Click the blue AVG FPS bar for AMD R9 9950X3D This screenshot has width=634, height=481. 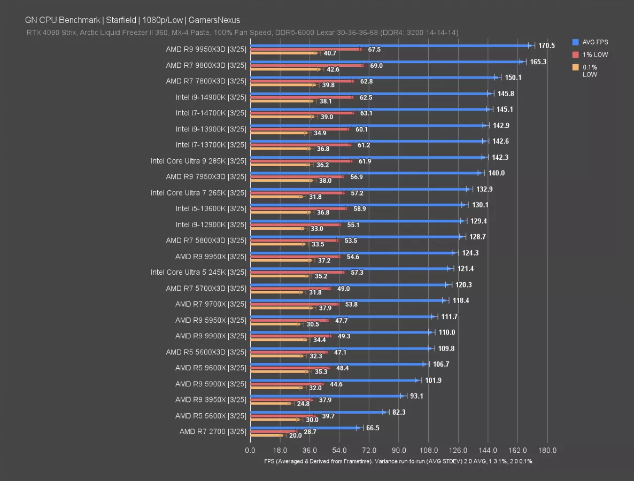(x=390, y=46)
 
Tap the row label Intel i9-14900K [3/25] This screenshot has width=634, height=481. (x=211, y=97)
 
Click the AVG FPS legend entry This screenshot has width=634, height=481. (x=594, y=42)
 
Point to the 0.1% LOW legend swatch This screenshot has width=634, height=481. (x=575, y=67)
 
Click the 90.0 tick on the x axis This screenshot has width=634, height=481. (x=399, y=450)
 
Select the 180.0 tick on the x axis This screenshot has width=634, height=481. (x=547, y=450)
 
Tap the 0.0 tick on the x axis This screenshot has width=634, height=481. (x=250, y=450)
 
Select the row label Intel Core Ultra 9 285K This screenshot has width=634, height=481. (x=198, y=161)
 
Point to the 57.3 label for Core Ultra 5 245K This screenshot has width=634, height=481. (x=357, y=273)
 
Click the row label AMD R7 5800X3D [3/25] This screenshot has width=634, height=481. (x=206, y=241)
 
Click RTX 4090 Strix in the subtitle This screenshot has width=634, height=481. (x=51, y=33)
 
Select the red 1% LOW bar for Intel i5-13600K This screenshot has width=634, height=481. (x=298, y=208)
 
